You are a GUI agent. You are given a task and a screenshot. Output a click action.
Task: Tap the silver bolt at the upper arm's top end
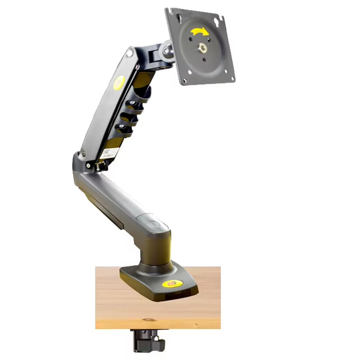tap(130, 53)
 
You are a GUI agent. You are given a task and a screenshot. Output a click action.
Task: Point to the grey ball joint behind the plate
tap(167, 48)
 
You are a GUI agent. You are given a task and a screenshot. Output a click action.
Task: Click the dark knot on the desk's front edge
tap(148, 320)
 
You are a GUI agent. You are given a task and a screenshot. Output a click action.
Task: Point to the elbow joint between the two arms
tap(81, 164)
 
